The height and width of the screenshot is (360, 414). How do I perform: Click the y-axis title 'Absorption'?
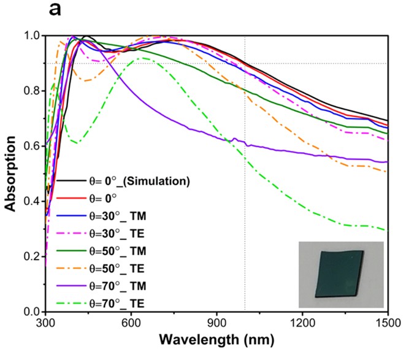(10, 174)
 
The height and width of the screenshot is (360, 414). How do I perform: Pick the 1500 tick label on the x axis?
(387, 322)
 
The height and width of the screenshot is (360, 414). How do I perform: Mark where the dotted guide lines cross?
(245, 63)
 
